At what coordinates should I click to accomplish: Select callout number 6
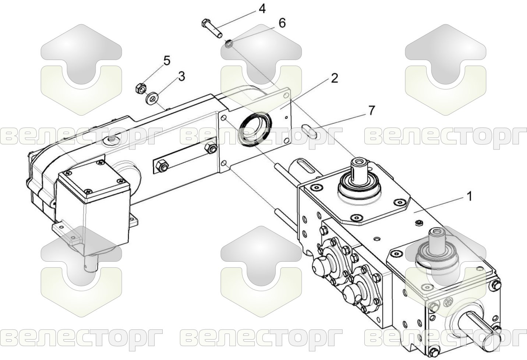coord(282,24)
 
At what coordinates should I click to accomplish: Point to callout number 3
coord(181,77)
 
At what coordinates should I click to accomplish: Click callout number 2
coord(334,78)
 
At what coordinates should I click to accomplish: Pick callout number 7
coord(371,111)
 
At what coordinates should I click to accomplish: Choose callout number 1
coord(469,196)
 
